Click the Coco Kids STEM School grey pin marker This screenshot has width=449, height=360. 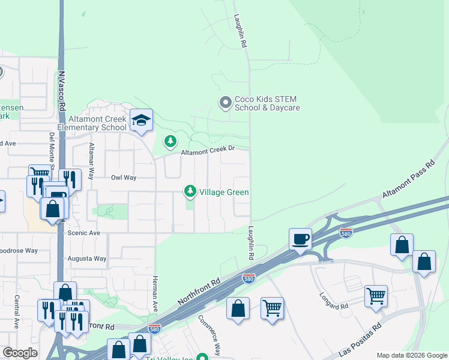[225, 103]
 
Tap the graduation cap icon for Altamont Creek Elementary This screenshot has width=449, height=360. [142, 121]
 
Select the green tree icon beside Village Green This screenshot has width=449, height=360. [190, 191]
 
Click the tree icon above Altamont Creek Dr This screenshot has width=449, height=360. [170, 141]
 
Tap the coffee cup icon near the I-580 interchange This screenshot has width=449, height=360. [300, 239]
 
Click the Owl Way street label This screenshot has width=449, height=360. [124, 178]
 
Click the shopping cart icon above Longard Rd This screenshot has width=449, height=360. [376, 295]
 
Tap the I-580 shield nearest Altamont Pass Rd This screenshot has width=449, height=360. [345, 233]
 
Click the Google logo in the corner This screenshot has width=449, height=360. [20, 353]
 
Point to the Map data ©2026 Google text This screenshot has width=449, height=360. [412, 355]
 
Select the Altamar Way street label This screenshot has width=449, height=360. [91, 161]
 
